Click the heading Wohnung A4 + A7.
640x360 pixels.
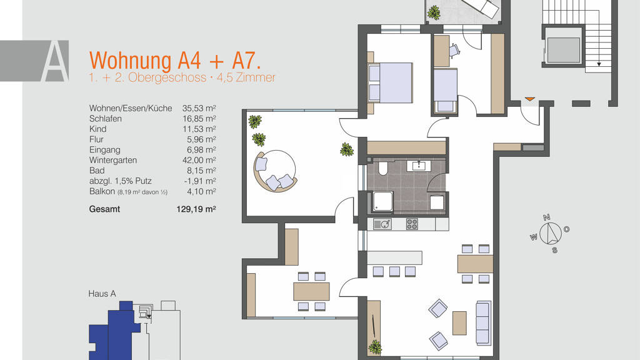175,61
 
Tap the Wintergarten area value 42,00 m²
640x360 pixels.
199,160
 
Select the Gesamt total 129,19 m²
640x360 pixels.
196,209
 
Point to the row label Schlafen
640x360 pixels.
105,119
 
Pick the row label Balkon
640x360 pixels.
102,191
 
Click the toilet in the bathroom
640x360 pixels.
383,168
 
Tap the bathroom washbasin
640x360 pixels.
417,165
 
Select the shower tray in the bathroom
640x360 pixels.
382,202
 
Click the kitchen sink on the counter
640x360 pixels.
382,224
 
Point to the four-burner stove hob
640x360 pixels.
412,224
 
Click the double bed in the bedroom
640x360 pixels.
390,83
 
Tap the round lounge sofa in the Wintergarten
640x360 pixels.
275,171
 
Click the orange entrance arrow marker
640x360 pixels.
529,99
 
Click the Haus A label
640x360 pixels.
102,294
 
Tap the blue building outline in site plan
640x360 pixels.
114,331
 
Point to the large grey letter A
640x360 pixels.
55,61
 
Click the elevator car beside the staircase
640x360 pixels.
563,50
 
